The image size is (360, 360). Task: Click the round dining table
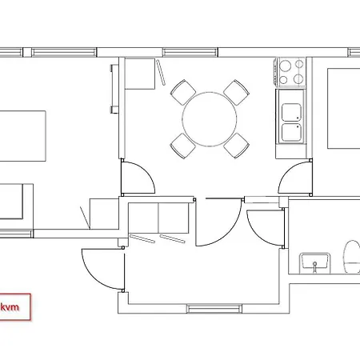point(210,119)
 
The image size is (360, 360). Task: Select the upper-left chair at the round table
point(183,92)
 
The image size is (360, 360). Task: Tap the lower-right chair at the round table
point(236,146)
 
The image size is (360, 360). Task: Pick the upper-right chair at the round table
point(236,92)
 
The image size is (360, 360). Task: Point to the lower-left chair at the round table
point(183,146)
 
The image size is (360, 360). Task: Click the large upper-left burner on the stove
point(285,66)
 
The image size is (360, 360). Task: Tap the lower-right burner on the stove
point(298,79)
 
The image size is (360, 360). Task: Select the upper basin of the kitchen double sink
point(291,113)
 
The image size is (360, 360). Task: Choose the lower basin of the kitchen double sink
point(291,133)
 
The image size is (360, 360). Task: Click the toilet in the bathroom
point(352,257)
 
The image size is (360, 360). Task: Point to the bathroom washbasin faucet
point(315,267)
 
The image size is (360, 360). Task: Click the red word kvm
point(10,307)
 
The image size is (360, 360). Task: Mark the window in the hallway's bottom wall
point(214,309)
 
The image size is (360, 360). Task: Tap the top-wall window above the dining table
point(190,52)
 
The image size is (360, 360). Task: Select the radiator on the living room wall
point(114,89)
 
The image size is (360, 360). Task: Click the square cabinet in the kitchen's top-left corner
point(140,74)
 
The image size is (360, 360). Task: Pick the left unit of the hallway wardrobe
point(143,218)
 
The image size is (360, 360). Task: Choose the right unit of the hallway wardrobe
point(174,218)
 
